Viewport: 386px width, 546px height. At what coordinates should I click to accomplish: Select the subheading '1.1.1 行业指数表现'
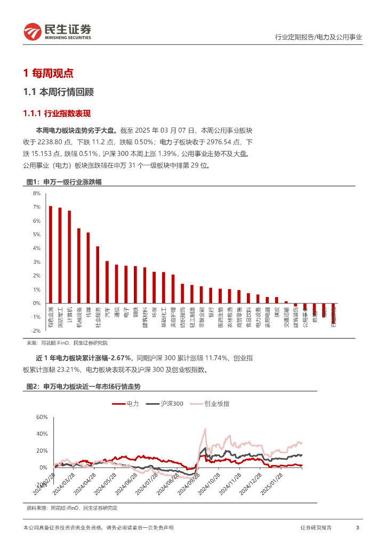coord(57,113)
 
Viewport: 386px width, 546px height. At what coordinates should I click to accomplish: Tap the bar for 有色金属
coord(51,254)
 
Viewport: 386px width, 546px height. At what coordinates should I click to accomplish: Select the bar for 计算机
coord(69,256)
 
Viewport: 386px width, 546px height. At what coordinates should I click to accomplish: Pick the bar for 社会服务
coord(98,275)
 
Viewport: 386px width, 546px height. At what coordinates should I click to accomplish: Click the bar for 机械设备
coord(79,266)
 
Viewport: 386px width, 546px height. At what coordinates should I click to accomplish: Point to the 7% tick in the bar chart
coord(37,207)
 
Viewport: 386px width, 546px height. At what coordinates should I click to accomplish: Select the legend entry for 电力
coord(126,404)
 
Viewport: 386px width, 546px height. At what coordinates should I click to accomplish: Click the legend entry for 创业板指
coord(209,404)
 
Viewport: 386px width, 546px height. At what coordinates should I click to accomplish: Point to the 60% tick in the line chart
coord(42,417)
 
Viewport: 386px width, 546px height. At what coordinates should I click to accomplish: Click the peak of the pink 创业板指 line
coord(205,429)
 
